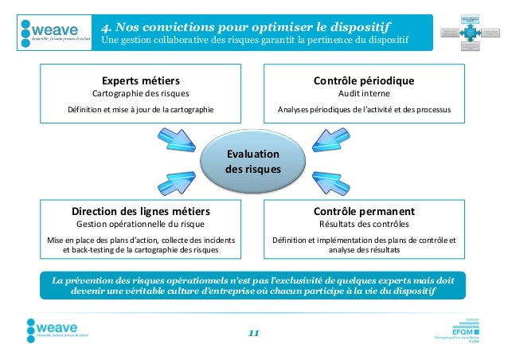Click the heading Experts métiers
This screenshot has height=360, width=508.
(140, 81)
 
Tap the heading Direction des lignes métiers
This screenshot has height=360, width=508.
(140, 212)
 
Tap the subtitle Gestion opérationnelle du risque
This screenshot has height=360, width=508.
(140, 225)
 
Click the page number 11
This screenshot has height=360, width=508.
(253, 332)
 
